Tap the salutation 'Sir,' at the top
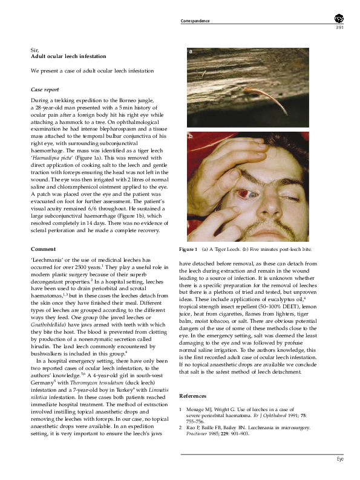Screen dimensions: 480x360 pos(35,50)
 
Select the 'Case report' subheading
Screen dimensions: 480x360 pos(45,89)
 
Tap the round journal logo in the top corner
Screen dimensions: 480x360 pos(338,19)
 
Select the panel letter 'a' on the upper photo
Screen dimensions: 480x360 pos(190,52)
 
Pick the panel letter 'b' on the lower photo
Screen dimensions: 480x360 pos(190,138)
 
